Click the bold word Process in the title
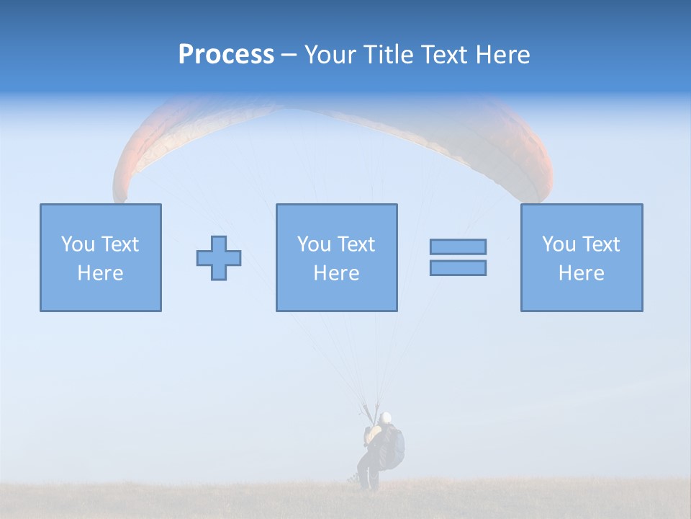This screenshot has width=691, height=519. (x=226, y=55)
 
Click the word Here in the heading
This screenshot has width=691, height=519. (x=502, y=55)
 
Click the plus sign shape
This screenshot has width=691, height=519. (x=219, y=258)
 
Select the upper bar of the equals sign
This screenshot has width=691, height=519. (x=458, y=247)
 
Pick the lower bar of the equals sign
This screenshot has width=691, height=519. (x=458, y=267)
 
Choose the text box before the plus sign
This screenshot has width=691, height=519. (x=101, y=257)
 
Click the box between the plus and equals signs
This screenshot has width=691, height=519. (x=336, y=257)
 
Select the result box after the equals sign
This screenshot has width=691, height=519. (x=582, y=257)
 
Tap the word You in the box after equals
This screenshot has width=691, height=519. (x=559, y=244)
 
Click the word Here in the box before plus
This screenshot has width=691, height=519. (x=100, y=273)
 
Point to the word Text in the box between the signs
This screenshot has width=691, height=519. (x=357, y=244)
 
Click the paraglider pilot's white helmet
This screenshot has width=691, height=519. (x=386, y=417)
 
